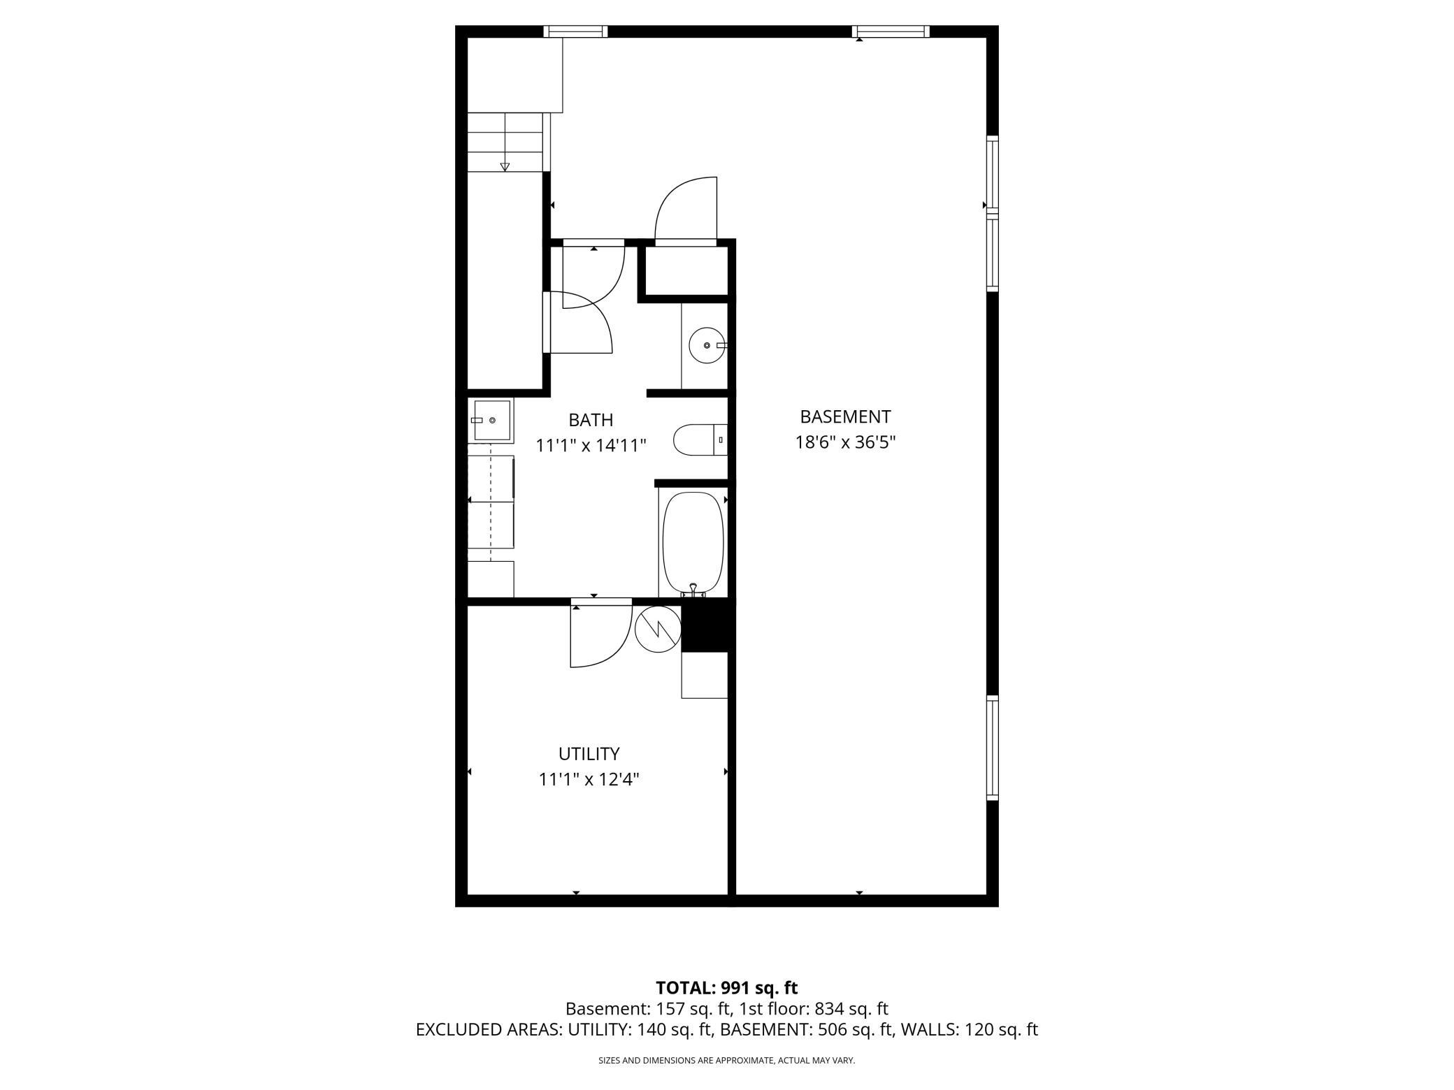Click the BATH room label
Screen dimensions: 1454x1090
[591, 420]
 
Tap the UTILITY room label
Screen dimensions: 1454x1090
[589, 754]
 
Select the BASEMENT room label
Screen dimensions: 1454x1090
[845, 417]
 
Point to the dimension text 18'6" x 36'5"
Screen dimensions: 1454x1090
[845, 442]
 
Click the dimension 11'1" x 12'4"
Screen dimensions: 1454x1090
[589, 779]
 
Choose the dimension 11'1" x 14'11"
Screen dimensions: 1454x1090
[591, 445]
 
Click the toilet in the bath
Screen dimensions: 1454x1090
[700, 439]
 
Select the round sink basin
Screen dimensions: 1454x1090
[707, 345]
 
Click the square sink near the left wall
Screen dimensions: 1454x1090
[492, 420]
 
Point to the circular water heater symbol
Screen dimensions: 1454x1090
[658, 629]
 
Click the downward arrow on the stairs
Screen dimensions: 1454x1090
[505, 166]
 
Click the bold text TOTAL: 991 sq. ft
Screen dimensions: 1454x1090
[726, 988]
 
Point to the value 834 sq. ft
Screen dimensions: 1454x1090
[851, 1009]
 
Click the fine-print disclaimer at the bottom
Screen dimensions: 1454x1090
[726, 1061]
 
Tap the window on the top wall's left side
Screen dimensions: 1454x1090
[575, 31]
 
